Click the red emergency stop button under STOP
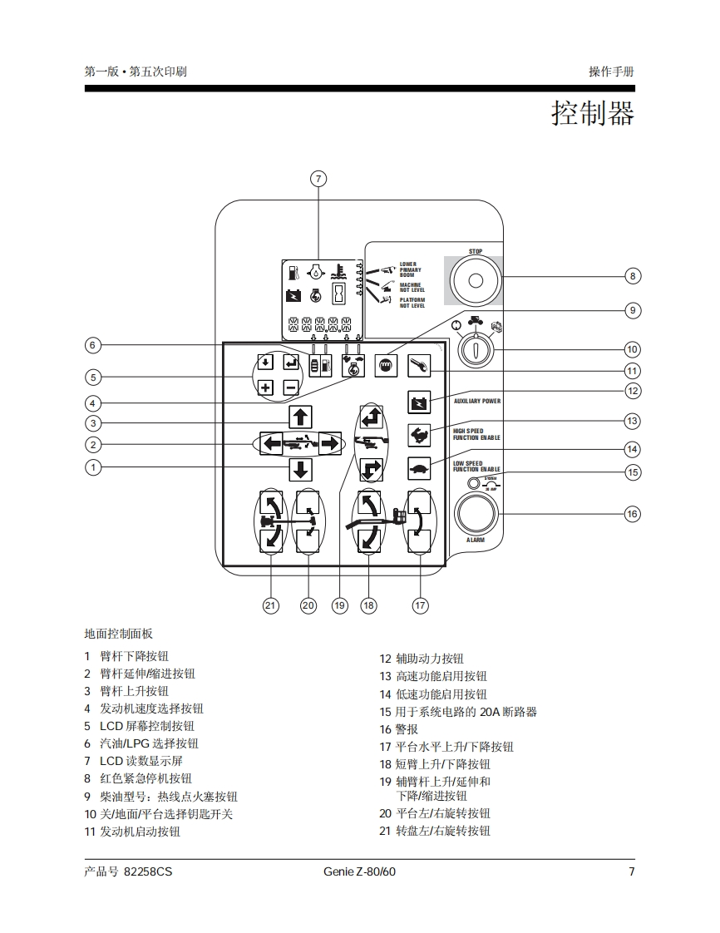tap(476, 279)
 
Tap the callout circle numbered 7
tap(318, 179)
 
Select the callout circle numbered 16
tap(633, 514)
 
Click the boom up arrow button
tap(300, 417)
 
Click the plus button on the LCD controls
tap(265, 387)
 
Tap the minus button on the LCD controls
tap(290, 387)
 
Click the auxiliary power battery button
tap(420, 402)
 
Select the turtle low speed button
tap(420, 468)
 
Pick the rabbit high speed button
tap(420, 435)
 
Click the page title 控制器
tap(593, 113)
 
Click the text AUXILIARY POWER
tap(477, 402)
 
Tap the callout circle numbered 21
tap(271, 605)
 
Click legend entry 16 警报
tap(399, 729)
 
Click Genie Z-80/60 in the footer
tap(359, 871)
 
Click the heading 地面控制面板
tap(119, 634)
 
